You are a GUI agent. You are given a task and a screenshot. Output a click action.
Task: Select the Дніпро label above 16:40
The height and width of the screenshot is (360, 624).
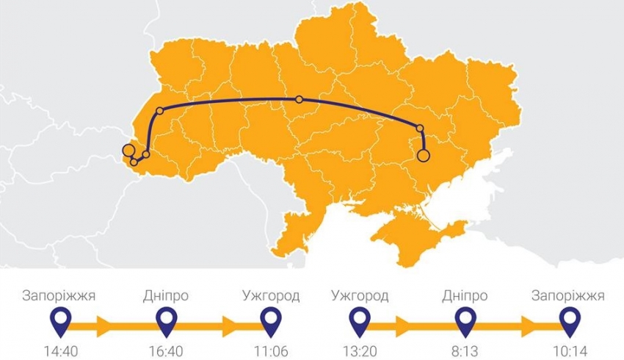167,296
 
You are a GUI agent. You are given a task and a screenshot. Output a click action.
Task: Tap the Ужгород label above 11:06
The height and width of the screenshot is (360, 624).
271,296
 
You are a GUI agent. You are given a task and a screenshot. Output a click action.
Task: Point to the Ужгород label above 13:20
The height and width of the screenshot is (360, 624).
360,296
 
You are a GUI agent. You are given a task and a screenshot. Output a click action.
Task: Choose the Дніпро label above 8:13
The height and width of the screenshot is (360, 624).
465,296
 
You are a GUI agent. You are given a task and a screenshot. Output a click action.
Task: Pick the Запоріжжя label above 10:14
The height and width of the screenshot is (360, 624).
568,296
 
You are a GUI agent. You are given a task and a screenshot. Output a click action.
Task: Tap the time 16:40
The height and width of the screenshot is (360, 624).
167,351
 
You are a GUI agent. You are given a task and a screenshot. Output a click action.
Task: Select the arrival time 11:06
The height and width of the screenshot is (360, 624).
271,351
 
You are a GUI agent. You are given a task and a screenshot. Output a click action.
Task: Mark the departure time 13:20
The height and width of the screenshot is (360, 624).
360,351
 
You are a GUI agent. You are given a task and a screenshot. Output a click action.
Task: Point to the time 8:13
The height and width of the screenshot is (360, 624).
465,351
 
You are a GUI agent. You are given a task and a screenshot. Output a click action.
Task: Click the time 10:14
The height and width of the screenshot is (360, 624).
568,351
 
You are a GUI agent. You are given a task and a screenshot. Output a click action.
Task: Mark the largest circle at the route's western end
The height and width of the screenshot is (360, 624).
128,151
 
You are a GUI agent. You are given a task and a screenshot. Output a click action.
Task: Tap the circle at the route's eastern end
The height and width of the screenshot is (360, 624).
423,155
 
